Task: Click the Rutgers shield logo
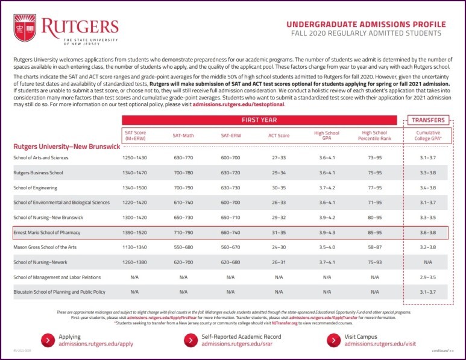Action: (x=25, y=28)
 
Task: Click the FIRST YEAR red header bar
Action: (x=259, y=120)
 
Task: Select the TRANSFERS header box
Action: (x=429, y=120)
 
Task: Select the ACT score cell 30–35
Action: (x=279, y=188)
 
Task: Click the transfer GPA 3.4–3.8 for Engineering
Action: (x=429, y=188)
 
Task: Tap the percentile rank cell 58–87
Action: (x=374, y=247)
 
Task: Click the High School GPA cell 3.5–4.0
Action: (x=327, y=247)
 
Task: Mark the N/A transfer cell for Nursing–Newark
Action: (x=429, y=261)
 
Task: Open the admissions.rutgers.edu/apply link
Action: (x=96, y=344)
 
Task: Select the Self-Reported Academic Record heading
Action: (x=241, y=336)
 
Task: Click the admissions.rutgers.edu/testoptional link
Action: (x=238, y=104)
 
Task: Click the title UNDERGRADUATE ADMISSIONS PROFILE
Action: (x=366, y=25)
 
